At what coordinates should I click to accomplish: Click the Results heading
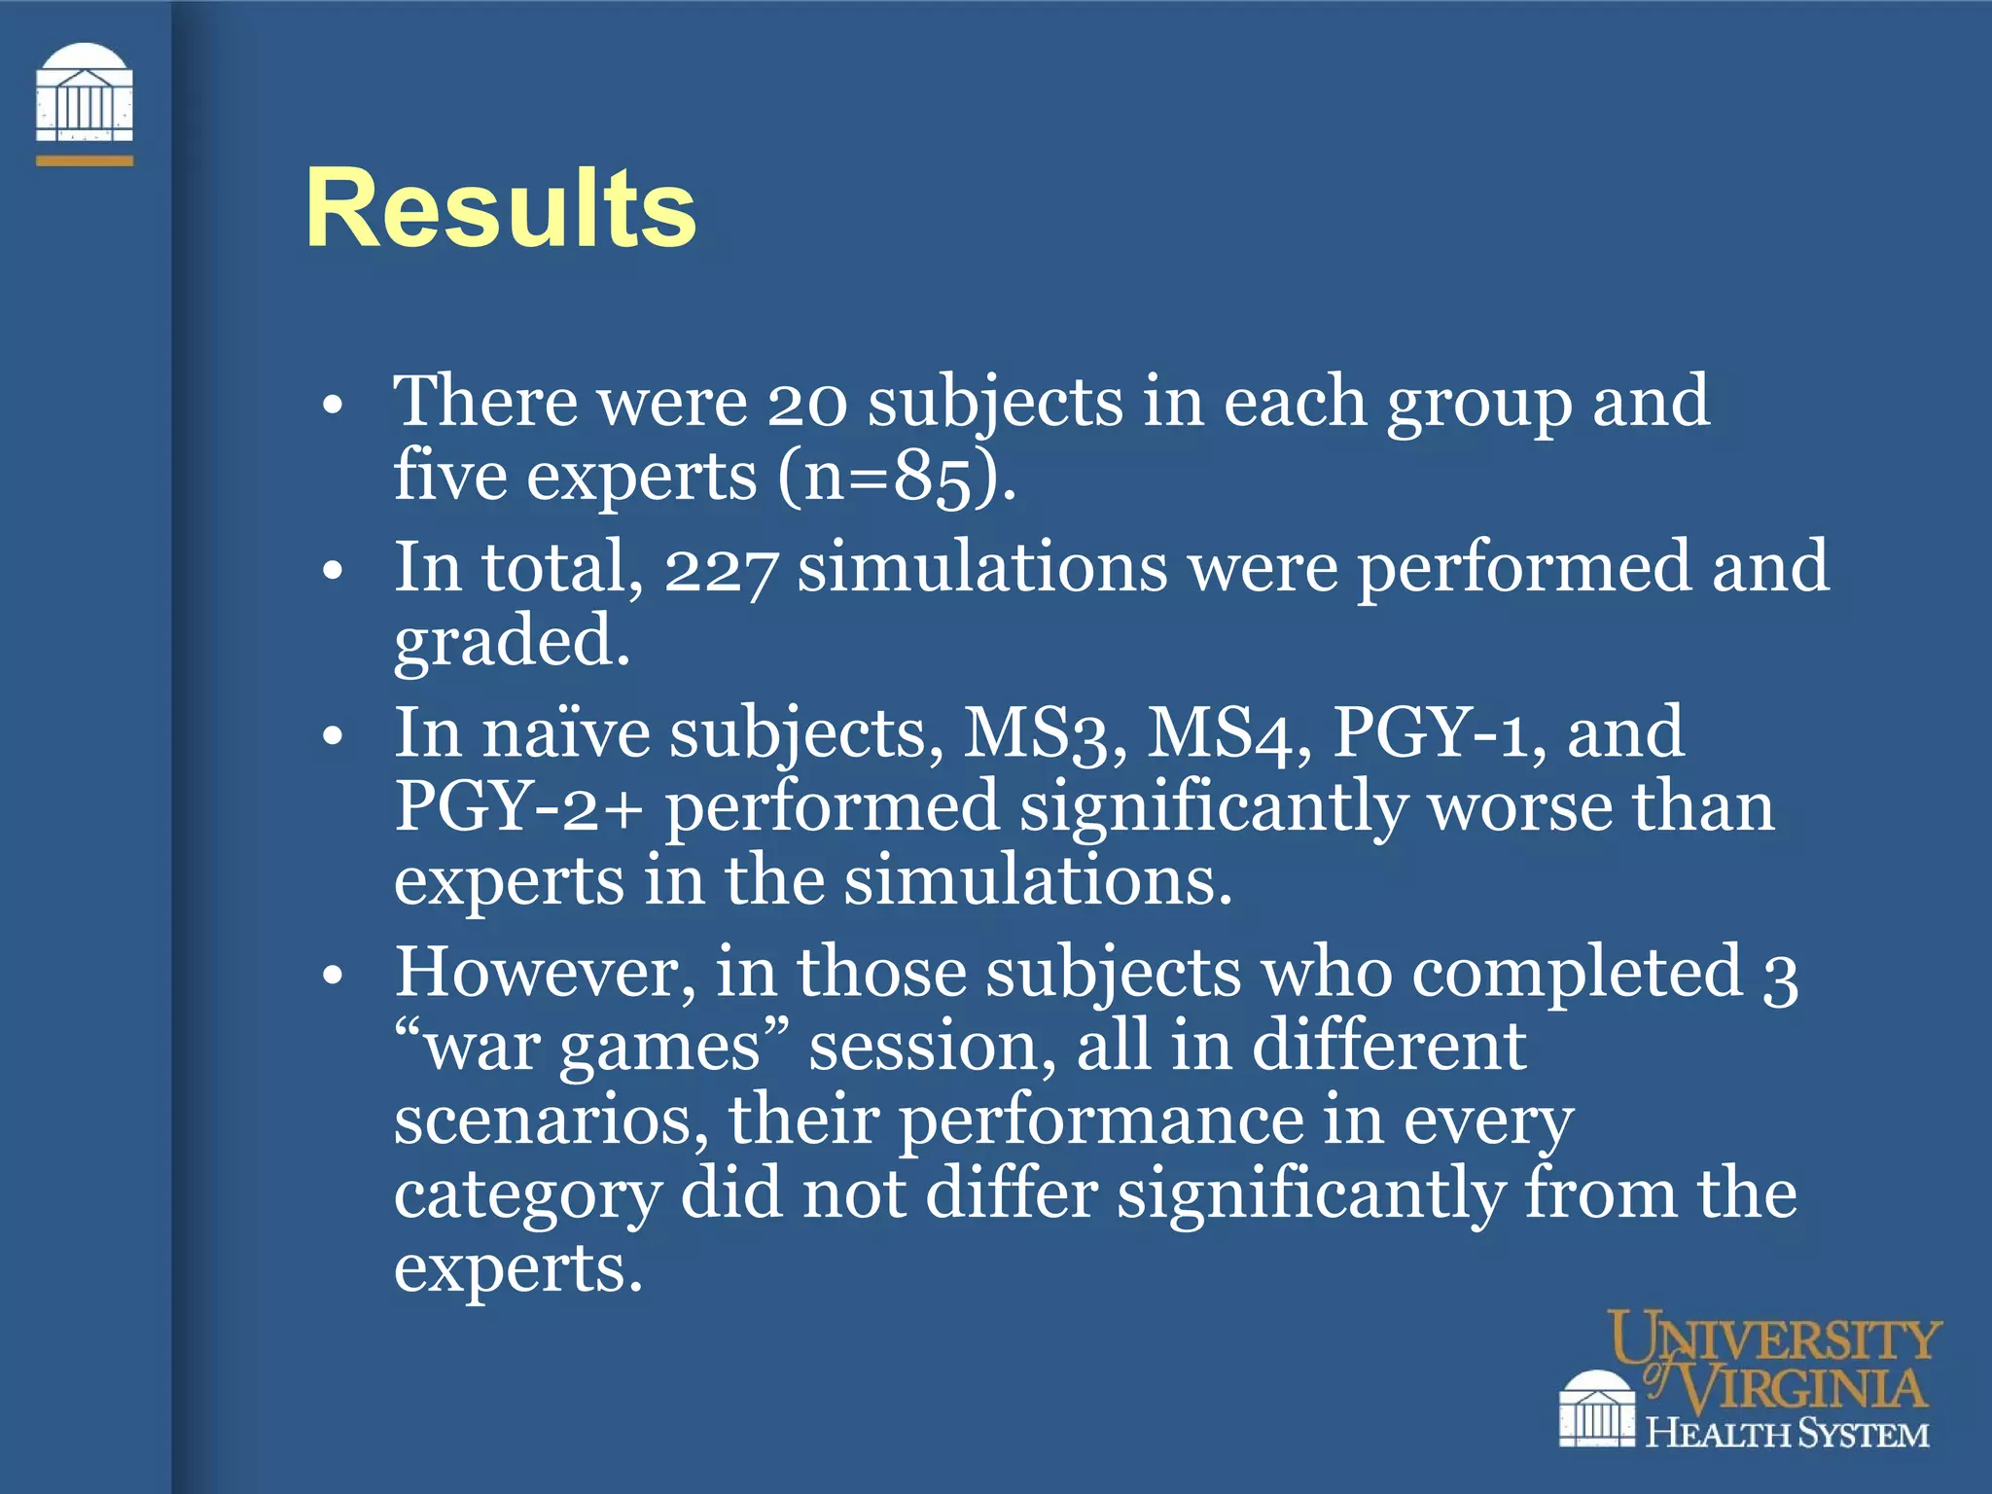point(500,208)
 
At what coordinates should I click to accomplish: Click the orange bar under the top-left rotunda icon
point(84,160)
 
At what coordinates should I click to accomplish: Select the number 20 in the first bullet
point(806,403)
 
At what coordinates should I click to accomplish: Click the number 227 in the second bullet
point(720,569)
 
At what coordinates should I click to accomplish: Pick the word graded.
point(512,643)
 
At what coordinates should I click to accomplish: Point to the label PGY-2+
point(518,807)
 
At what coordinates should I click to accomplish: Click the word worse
point(1518,807)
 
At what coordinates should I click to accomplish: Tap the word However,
point(545,972)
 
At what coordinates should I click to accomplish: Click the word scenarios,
point(551,1120)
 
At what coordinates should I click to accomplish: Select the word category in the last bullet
point(527,1195)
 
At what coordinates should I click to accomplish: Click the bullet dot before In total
point(333,571)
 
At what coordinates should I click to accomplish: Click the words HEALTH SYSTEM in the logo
point(1787,1434)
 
